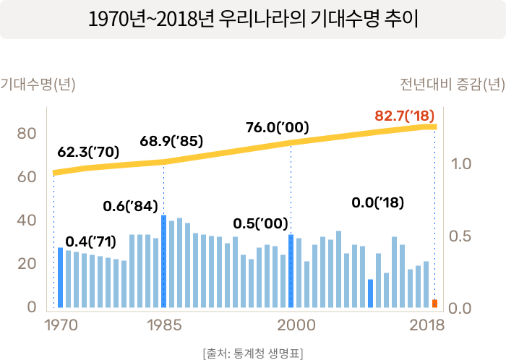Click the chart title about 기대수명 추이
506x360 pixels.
pyautogui.click(x=252, y=20)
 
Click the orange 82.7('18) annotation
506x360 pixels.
pyautogui.click(x=405, y=115)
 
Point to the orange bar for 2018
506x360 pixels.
pyautogui.click(x=434, y=304)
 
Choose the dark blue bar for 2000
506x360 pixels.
pyautogui.click(x=291, y=271)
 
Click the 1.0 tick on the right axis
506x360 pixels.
pyautogui.click(x=461, y=164)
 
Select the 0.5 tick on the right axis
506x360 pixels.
pyautogui.click(x=461, y=236)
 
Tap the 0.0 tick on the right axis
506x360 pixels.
pyautogui.click(x=461, y=309)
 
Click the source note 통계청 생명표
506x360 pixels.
pyautogui.click(x=253, y=353)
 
